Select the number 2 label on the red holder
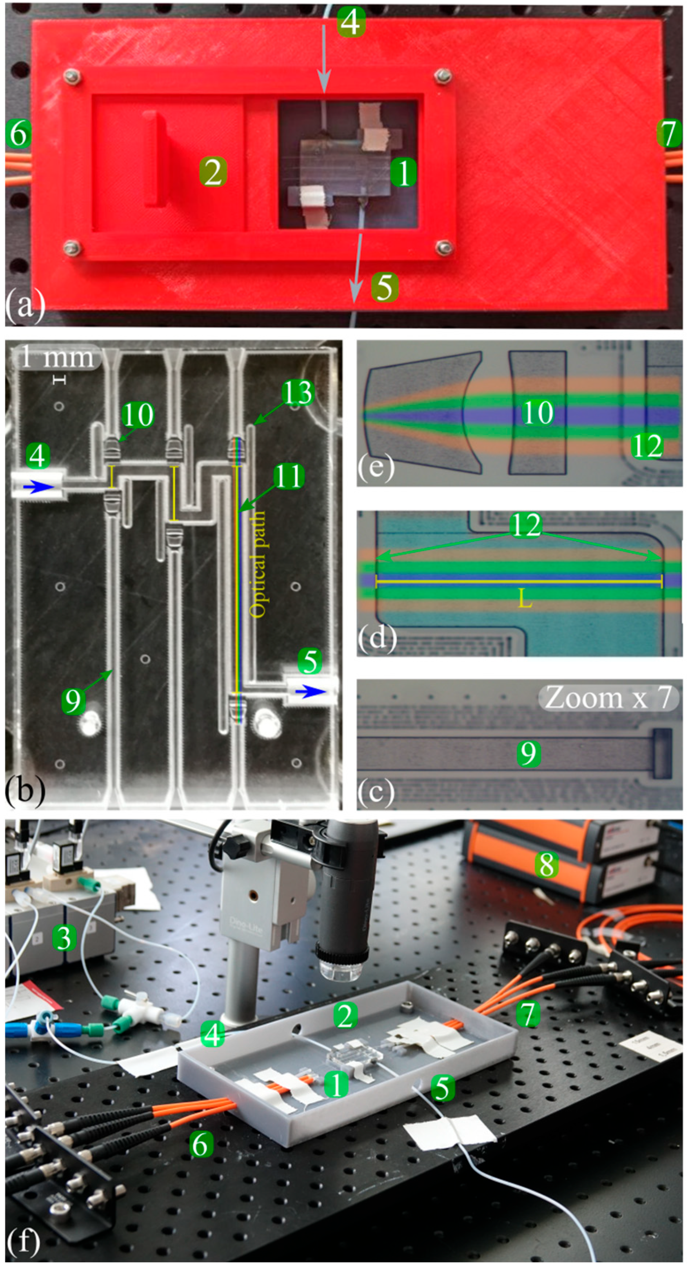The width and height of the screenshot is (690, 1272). click(x=213, y=172)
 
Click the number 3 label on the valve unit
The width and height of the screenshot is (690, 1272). click(x=65, y=937)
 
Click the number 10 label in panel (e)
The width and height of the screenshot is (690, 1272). click(x=538, y=412)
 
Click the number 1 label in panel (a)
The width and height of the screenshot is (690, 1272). click(x=404, y=173)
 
